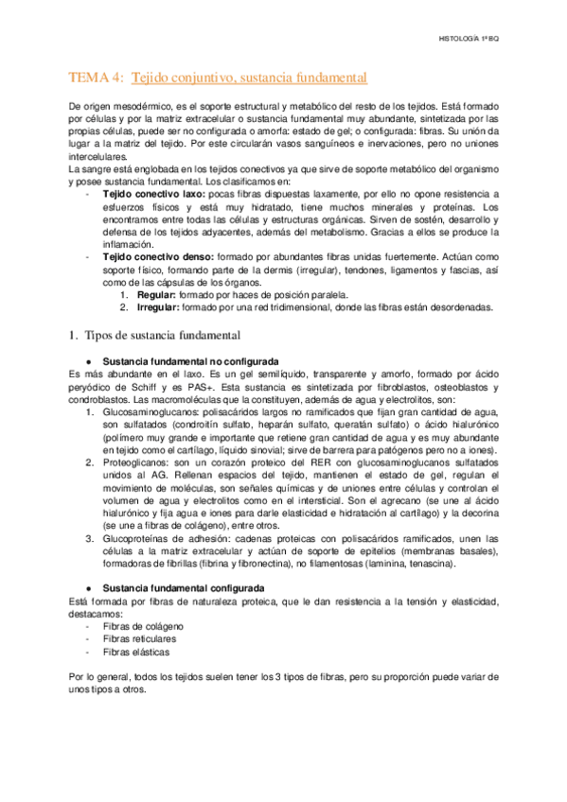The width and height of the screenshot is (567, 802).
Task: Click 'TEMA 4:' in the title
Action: pyautogui.click(x=97, y=77)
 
